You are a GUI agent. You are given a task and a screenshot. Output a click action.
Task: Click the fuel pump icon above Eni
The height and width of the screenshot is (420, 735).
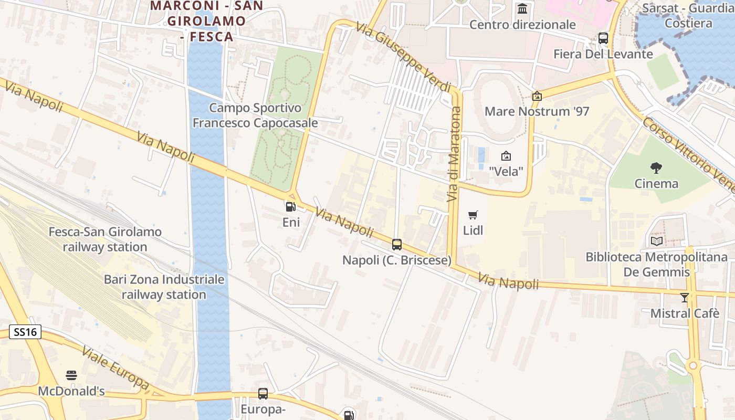click(x=290, y=206)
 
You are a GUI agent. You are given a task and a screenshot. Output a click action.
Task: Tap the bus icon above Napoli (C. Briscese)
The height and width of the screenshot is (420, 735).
click(x=397, y=244)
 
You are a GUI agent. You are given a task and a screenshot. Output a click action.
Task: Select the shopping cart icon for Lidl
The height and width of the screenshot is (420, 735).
click(x=473, y=215)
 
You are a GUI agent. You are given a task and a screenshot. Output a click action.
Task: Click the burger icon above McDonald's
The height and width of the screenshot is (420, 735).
click(x=71, y=375)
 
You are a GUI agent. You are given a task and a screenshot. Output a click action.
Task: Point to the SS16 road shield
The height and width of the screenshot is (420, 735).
click(x=25, y=332)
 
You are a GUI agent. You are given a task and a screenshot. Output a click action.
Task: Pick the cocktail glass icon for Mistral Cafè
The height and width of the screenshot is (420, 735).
click(x=685, y=298)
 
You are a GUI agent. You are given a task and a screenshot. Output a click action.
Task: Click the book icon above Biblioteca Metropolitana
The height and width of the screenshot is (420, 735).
click(x=657, y=241)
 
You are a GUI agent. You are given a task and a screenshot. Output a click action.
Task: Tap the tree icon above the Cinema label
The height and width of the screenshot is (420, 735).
click(x=656, y=168)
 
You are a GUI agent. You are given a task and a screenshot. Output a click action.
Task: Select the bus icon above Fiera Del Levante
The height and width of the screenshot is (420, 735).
click(x=603, y=38)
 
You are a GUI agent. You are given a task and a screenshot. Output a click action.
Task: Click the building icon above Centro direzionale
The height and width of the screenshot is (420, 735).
click(x=522, y=9)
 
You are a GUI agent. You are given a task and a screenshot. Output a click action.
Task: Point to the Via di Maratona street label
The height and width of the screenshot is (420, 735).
click(x=454, y=154)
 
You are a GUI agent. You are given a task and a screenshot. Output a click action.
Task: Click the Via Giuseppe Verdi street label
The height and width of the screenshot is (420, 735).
click(x=403, y=56)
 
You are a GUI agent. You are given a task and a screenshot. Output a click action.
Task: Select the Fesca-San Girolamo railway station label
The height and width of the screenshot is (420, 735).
click(x=105, y=239)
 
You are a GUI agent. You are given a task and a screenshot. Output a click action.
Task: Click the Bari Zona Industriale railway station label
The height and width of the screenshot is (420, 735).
click(x=164, y=287)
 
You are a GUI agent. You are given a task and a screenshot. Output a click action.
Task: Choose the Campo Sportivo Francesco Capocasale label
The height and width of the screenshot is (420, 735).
click(x=255, y=115)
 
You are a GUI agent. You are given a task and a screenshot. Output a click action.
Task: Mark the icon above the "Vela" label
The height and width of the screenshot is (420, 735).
click(x=506, y=156)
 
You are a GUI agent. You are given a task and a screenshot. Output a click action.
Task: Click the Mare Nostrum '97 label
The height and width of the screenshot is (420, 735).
click(x=537, y=111)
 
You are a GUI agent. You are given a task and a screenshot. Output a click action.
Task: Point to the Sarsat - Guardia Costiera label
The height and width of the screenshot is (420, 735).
click(x=688, y=15)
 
